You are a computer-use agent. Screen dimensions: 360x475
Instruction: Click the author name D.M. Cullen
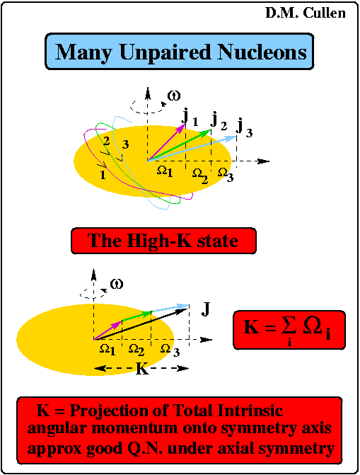click(306, 13)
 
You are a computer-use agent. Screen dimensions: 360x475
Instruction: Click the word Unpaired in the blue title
click(165, 52)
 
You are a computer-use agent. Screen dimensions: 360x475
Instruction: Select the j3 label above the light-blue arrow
click(245, 128)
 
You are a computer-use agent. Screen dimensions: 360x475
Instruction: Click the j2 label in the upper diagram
click(219, 121)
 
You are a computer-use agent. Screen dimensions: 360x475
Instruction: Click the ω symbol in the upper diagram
click(174, 96)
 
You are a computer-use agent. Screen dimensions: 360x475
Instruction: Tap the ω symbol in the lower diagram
click(117, 284)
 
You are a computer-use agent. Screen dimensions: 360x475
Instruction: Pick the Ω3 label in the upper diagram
click(226, 175)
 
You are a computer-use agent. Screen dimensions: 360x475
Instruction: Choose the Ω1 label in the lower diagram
click(108, 350)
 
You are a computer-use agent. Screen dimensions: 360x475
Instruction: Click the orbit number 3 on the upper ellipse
click(125, 144)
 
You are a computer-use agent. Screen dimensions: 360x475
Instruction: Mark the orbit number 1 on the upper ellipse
click(103, 175)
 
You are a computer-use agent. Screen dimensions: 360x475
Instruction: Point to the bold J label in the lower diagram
click(206, 309)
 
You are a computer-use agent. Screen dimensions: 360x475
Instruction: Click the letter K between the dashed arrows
click(142, 369)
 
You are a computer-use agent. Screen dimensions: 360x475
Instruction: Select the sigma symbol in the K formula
click(289, 326)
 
